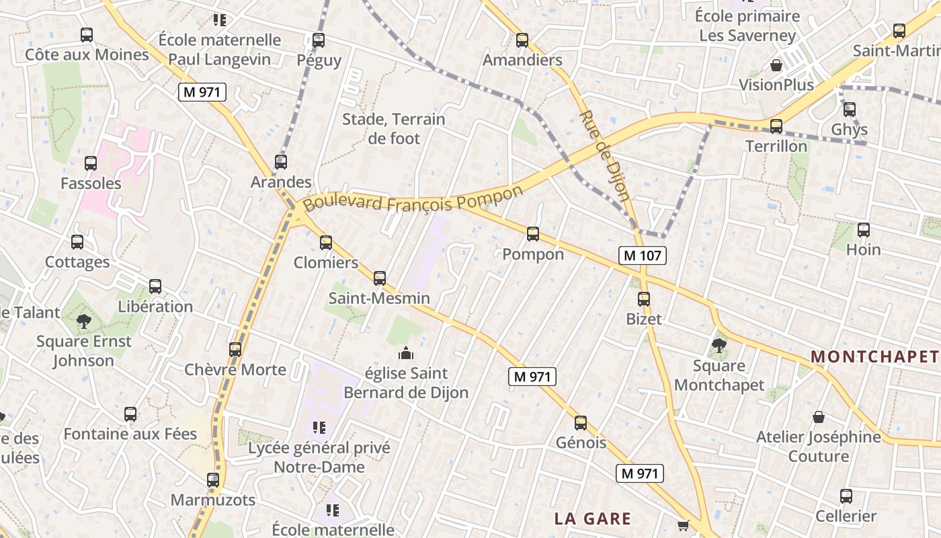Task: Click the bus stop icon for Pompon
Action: tap(533, 234)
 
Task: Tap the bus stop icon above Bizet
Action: tap(644, 299)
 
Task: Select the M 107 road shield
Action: tap(643, 256)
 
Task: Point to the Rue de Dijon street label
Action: tap(604, 156)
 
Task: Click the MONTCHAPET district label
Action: tap(874, 356)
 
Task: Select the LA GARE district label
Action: tap(593, 518)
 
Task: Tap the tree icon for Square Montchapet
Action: tap(719, 346)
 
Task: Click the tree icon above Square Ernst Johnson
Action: tap(84, 321)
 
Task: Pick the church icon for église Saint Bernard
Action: tap(406, 353)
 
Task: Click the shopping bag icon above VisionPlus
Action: tap(776, 65)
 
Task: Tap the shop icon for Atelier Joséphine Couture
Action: tap(819, 417)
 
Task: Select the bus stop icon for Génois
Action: tap(581, 423)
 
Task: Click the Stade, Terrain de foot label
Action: tap(394, 129)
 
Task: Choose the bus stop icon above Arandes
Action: tap(281, 162)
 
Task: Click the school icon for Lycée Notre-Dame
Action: tap(319, 427)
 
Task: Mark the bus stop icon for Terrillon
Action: tap(776, 126)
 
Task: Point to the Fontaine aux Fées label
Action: tap(130, 434)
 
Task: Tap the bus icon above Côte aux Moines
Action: tap(87, 35)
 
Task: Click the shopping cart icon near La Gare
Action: tap(684, 525)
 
